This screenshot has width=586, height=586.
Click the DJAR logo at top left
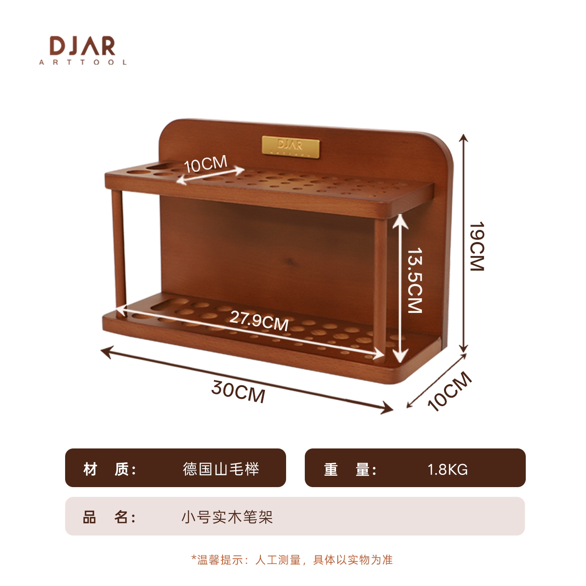point(83,50)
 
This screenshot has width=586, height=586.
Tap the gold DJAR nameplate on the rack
point(291,146)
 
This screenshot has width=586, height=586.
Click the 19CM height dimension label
point(477,246)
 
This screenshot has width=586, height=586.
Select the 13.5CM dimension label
point(415,280)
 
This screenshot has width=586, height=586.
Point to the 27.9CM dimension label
point(259,320)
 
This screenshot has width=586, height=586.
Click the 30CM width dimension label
point(238,391)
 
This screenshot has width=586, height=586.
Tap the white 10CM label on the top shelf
point(206,164)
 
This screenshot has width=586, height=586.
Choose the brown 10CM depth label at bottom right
point(449,391)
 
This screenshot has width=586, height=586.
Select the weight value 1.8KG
point(448,470)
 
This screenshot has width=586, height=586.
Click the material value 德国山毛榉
point(221,469)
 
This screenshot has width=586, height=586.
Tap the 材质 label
point(109,469)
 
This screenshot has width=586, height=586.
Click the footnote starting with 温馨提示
point(292,560)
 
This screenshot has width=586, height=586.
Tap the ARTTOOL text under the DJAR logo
point(83,62)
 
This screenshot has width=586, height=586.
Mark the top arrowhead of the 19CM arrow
point(464,138)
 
